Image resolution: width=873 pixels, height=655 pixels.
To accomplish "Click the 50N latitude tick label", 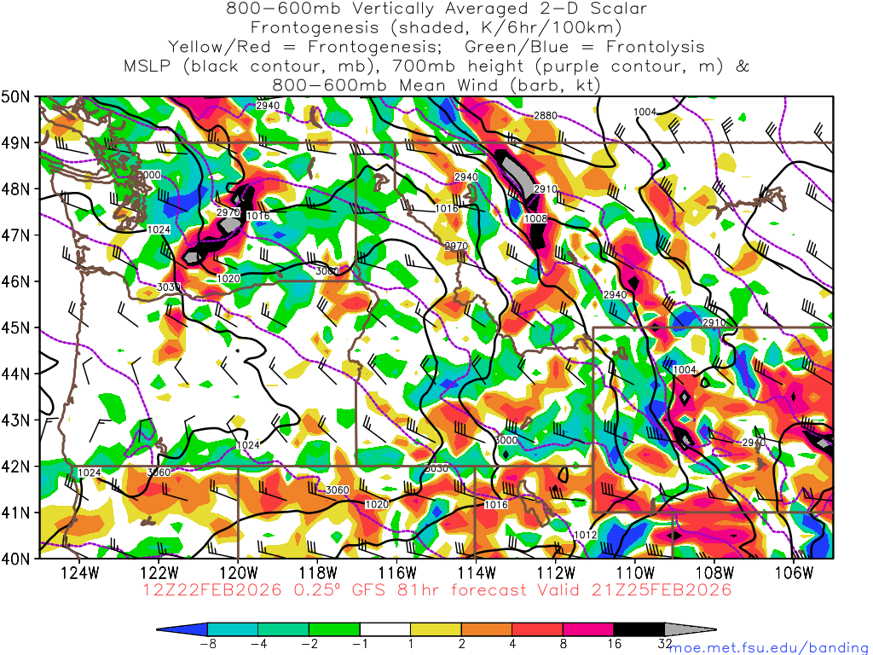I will click(x=18, y=96).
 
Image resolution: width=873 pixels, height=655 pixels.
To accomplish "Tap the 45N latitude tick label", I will click(x=18, y=327).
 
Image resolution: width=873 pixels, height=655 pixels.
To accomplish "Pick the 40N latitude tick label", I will click(x=18, y=559).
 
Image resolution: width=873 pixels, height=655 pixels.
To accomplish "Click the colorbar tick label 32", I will click(x=665, y=645).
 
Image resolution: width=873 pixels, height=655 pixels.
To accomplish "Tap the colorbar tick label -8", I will click(x=207, y=645).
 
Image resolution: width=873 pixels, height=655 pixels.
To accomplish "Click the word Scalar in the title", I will click(x=618, y=9).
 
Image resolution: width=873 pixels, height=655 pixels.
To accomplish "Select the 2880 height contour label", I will click(x=546, y=115).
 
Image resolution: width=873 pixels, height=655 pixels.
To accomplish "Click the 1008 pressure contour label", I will click(x=535, y=219).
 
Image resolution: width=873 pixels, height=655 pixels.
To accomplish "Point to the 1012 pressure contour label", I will click(x=585, y=535).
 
